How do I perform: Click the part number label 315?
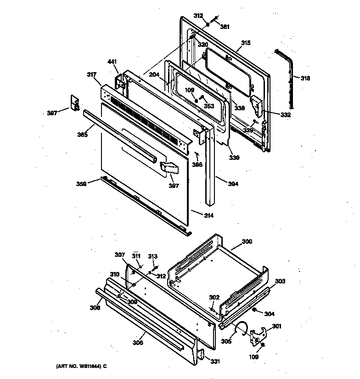click(x=246, y=43)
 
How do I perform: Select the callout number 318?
click(x=305, y=79)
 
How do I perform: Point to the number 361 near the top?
click(x=225, y=27)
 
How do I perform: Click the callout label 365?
click(x=82, y=135)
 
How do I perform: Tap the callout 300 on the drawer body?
click(x=247, y=242)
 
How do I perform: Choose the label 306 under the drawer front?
click(x=137, y=342)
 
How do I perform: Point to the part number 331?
click(x=215, y=361)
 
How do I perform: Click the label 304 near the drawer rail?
click(x=270, y=314)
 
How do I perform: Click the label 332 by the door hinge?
click(x=286, y=115)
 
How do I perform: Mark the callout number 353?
click(x=209, y=106)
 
